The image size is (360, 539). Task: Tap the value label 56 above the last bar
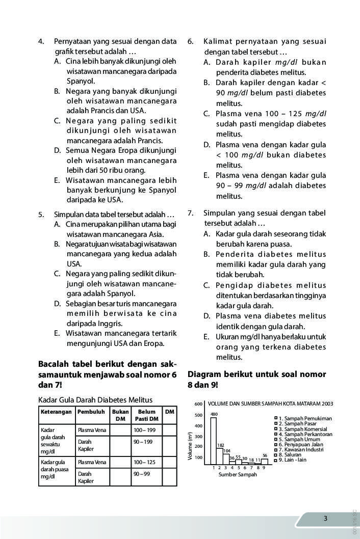pos(265,455)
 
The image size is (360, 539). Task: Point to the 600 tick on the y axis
pos(199,404)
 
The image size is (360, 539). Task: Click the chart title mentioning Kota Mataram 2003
pos(270,403)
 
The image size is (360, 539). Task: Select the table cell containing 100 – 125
pos(144,462)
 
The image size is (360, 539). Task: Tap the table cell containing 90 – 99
pos(141,474)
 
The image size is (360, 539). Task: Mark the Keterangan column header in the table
pos(56,411)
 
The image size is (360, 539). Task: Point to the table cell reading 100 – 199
pos(144,430)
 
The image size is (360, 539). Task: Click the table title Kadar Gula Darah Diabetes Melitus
pos(95,399)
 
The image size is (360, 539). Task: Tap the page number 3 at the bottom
pos(326,519)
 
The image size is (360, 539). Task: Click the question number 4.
pos(41,41)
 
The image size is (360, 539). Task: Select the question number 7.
pos(190,213)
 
